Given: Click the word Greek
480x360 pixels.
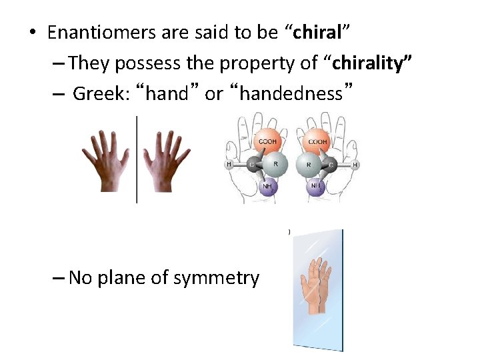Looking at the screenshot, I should click(100, 94).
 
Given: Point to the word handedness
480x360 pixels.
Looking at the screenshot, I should click(290, 94).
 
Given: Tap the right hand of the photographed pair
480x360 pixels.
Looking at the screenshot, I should click(168, 161).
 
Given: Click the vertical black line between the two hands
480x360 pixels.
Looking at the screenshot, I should click(137, 160).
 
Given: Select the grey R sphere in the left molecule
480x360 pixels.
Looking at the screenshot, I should click(275, 164).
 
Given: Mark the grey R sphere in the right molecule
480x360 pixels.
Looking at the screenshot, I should click(310, 164).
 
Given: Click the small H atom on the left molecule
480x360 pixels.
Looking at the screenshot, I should click(229, 165).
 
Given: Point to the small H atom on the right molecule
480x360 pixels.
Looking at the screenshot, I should click(355, 165).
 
